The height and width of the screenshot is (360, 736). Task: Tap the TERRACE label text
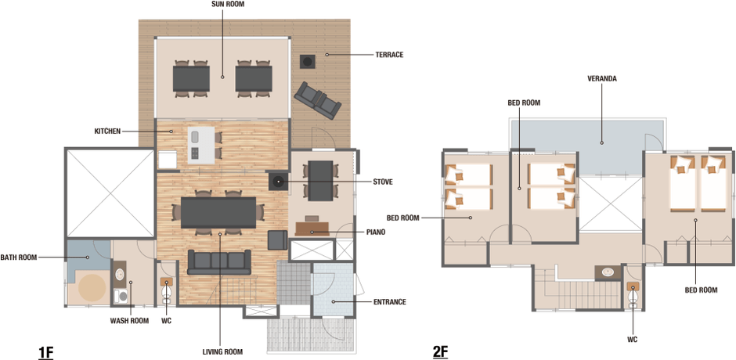click(x=389, y=55)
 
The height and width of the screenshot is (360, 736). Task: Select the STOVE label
click(x=382, y=182)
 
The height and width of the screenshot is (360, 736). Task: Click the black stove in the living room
click(x=278, y=181)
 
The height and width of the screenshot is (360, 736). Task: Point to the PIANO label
click(x=376, y=232)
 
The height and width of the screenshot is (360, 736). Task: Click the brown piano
click(x=313, y=228)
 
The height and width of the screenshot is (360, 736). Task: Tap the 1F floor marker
click(x=45, y=352)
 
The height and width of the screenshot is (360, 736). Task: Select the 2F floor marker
click(x=440, y=352)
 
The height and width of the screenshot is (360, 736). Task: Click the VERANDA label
click(x=602, y=79)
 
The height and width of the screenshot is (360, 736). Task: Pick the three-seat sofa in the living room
click(x=219, y=262)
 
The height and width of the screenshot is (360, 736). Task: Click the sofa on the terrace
click(x=317, y=100)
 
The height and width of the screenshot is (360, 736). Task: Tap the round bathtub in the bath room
click(x=92, y=287)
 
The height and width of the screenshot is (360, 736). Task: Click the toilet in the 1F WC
click(x=166, y=291)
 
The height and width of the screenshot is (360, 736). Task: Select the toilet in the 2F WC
click(x=633, y=293)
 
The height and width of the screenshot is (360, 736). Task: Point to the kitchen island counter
click(x=201, y=145)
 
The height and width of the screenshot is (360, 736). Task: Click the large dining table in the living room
click(x=218, y=212)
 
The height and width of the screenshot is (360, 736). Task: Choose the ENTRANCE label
click(x=390, y=302)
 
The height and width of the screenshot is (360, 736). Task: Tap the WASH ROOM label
click(x=129, y=321)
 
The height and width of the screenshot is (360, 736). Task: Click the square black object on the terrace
click(x=308, y=61)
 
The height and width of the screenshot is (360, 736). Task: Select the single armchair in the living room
click(x=277, y=240)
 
